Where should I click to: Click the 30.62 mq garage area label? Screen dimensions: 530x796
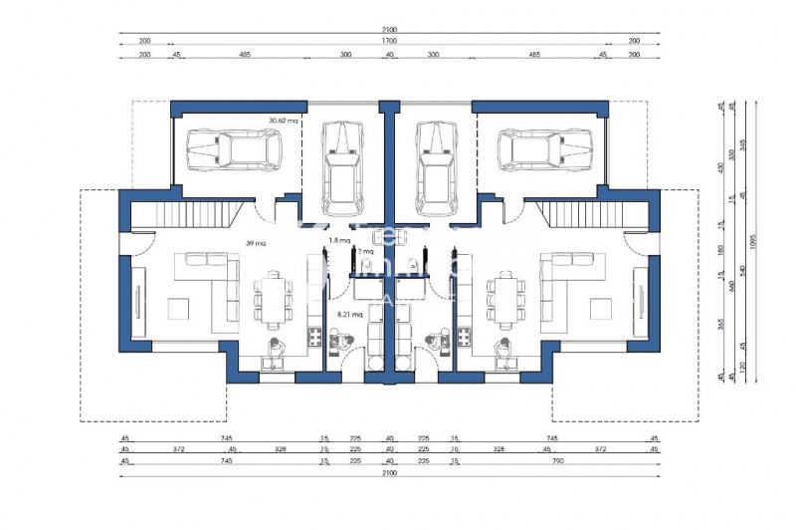284,121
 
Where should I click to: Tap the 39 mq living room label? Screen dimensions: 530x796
257,243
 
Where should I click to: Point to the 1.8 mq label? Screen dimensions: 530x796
338,241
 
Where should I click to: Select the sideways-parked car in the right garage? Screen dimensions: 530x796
537,149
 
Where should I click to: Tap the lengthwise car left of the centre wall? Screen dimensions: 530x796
341,167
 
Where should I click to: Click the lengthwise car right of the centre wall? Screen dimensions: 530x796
435,167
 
